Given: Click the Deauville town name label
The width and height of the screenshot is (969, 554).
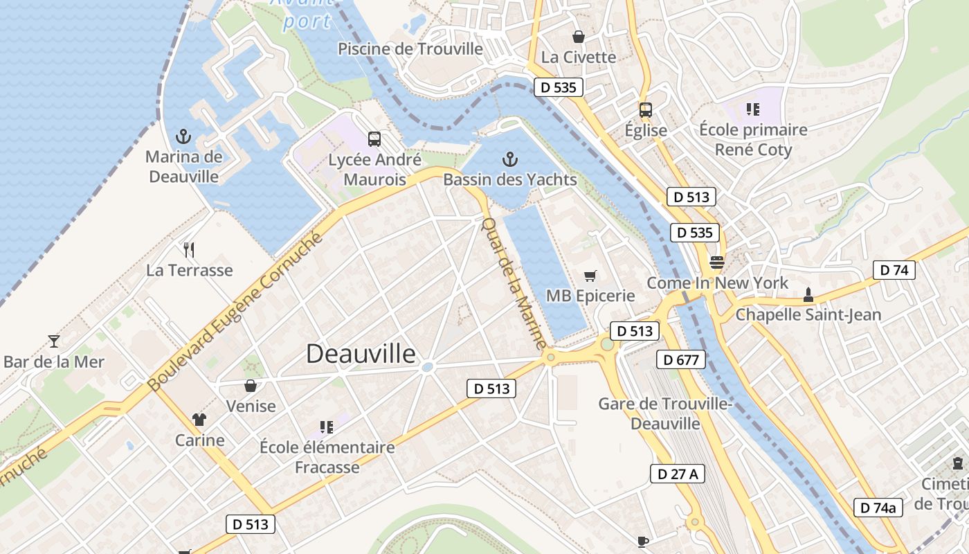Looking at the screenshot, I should pyautogui.click(x=361, y=354).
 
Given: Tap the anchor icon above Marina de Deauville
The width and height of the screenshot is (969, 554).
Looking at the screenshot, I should pyautogui.click(x=183, y=136).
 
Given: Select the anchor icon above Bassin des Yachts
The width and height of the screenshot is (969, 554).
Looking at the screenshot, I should pyautogui.click(x=509, y=160).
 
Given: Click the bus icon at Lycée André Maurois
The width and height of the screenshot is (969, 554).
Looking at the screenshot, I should pyautogui.click(x=374, y=139).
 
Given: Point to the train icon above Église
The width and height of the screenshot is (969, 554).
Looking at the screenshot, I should pyautogui.click(x=645, y=110).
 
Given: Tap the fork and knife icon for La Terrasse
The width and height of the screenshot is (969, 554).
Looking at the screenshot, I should pyautogui.click(x=189, y=249).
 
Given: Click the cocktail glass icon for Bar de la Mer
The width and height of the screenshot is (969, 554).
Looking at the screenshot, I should pyautogui.click(x=54, y=341).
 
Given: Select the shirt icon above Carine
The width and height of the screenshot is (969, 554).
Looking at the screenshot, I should pyautogui.click(x=199, y=419).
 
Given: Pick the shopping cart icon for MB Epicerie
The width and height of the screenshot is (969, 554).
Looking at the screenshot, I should pyautogui.click(x=590, y=276).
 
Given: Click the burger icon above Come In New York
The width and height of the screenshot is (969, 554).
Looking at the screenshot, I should pyautogui.click(x=716, y=262).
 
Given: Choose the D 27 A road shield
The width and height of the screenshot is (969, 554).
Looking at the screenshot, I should pyautogui.click(x=678, y=474).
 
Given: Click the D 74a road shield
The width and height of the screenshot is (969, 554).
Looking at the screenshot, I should pyautogui.click(x=878, y=508).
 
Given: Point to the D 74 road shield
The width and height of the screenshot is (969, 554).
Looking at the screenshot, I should pyautogui.click(x=894, y=270).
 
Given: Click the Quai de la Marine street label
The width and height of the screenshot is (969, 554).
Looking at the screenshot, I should pyautogui.click(x=514, y=284).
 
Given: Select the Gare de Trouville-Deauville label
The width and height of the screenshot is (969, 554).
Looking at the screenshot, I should pyautogui.click(x=665, y=413).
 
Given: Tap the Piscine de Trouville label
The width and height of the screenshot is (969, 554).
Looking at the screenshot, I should pyautogui.click(x=410, y=48).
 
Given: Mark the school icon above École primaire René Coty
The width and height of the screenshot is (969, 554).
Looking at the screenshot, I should pyautogui.click(x=752, y=109).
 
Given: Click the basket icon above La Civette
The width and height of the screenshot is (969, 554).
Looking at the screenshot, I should pyautogui.click(x=578, y=37).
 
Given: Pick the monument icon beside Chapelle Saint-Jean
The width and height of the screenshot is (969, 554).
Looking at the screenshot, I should pyautogui.click(x=807, y=295).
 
